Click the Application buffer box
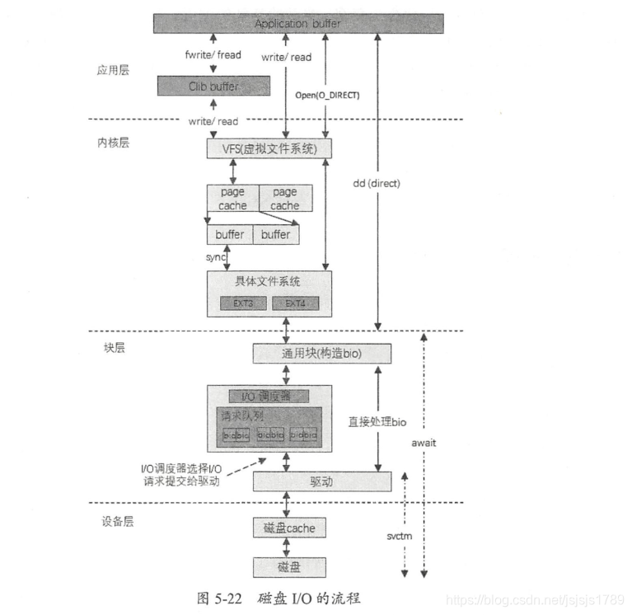[297, 23]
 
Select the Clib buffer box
[213, 86]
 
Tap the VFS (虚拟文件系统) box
[269, 148]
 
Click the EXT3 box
[241, 303]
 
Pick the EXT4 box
[295, 303]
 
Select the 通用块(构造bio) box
[321, 354]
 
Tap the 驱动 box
[321, 481]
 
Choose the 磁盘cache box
[283, 527]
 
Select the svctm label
[400, 536]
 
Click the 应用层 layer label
[113, 71]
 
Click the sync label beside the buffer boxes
[216, 257]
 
